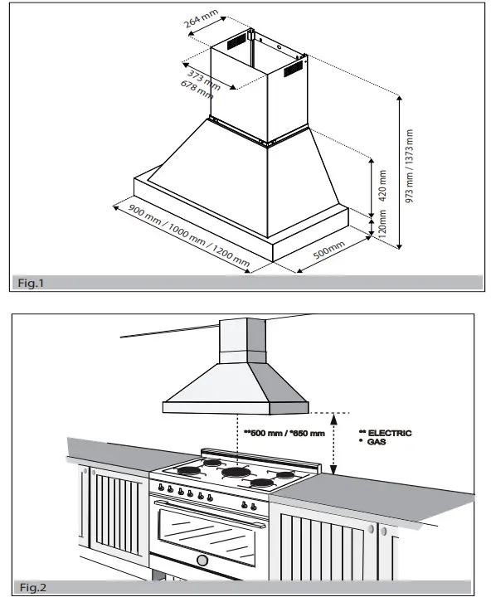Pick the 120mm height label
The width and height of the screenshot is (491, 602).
coord(382,224)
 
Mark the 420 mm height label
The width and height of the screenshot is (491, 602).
coord(382,187)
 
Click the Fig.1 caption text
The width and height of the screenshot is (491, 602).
coord(31,284)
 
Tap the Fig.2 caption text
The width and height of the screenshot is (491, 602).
coord(31,588)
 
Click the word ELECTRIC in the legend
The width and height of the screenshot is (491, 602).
coord(389,433)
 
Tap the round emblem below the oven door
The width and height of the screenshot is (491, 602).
coord(202,561)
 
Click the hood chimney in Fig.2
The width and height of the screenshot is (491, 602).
coord(242,340)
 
